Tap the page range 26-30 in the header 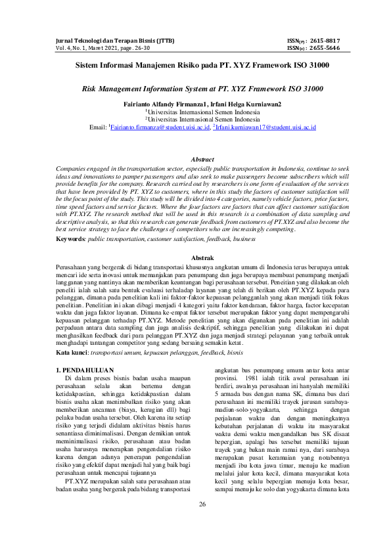[145, 48]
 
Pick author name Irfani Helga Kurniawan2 [242, 104]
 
